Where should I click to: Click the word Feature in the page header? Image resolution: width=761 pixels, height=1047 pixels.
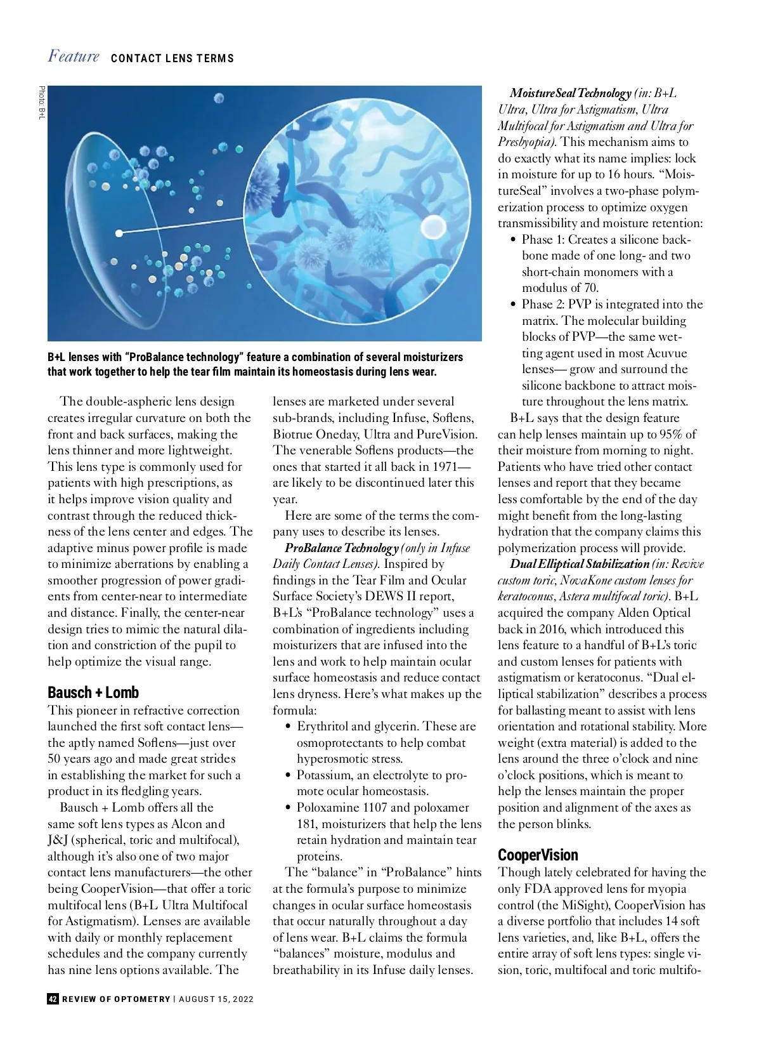(74, 56)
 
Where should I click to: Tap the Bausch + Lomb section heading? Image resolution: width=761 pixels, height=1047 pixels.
(93, 692)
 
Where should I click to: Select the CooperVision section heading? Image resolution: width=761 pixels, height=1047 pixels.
(538, 855)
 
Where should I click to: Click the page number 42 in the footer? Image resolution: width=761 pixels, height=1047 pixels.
(53, 999)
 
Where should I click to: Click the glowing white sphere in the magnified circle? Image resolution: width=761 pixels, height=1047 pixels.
(434, 225)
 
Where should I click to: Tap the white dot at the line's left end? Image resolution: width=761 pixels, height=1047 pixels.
(119, 232)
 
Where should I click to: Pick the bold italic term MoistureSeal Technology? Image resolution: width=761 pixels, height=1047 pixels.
(570, 93)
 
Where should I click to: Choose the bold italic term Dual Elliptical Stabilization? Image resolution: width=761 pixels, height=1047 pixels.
(580, 563)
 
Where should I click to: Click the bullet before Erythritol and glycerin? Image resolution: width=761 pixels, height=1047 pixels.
(289, 727)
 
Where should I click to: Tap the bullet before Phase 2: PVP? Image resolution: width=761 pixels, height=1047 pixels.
(513, 305)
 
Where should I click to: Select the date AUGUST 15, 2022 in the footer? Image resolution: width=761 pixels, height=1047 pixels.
(216, 999)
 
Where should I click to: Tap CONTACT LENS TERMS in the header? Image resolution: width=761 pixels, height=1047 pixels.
(172, 58)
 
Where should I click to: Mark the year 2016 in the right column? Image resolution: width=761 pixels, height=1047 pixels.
(554, 629)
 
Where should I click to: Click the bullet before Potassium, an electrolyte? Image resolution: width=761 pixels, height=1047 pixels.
(289, 775)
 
